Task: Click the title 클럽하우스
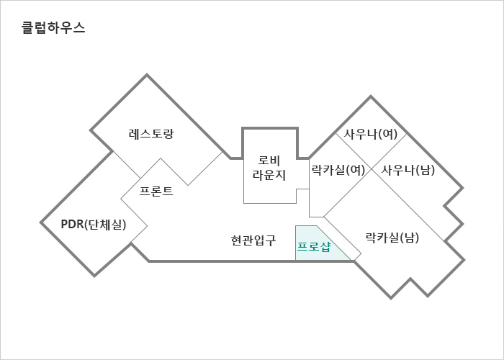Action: pyautogui.click(x=53, y=27)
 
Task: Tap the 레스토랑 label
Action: pyautogui.click(x=151, y=133)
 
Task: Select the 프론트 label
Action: pyautogui.click(x=156, y=192)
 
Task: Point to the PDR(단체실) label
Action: pyautogui.click(x=94, y=225)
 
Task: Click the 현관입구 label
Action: pyautogui.click(x=253, y=240)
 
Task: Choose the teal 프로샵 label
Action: pyautogui.click(x=314, y=247)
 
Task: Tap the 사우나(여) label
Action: pyautogui.click(x=371, y=134)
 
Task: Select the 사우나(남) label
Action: pyautogui.click(x=408, y=170)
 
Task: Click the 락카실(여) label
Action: pyautogui.click(x=338, y=170)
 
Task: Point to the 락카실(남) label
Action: pyautogui.click(x=392, y=238)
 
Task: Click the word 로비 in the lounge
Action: pyautogui.click(x=269, y=161)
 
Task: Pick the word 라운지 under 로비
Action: pyautogui.click(x=269, y=175)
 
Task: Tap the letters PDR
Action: pyautogui.click(x=72, y=225)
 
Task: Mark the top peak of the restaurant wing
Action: pyautogui.click(x=147, y=75)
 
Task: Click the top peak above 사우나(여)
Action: pyautogui.click(x=371, y=96)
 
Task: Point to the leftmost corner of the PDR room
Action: pyautogui.click(x=41, y=222)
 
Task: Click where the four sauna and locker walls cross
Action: pyautogui.click(x=372, y=169)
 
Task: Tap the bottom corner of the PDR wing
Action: pyautogui.click(x=94, y=276)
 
